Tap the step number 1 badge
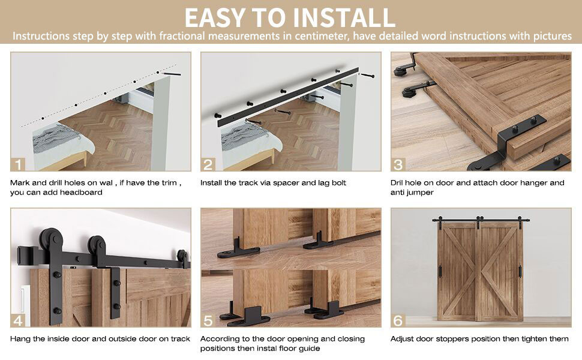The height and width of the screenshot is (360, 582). click(18, 164)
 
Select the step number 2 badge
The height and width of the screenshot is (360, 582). click(208, 164)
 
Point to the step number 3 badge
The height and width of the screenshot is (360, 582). click(398, 164)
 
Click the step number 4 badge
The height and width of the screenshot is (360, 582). click(18, 320)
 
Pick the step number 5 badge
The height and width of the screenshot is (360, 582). click(208, 320)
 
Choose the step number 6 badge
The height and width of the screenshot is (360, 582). click(398, 320)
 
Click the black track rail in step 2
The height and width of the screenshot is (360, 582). click(287, 97)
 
